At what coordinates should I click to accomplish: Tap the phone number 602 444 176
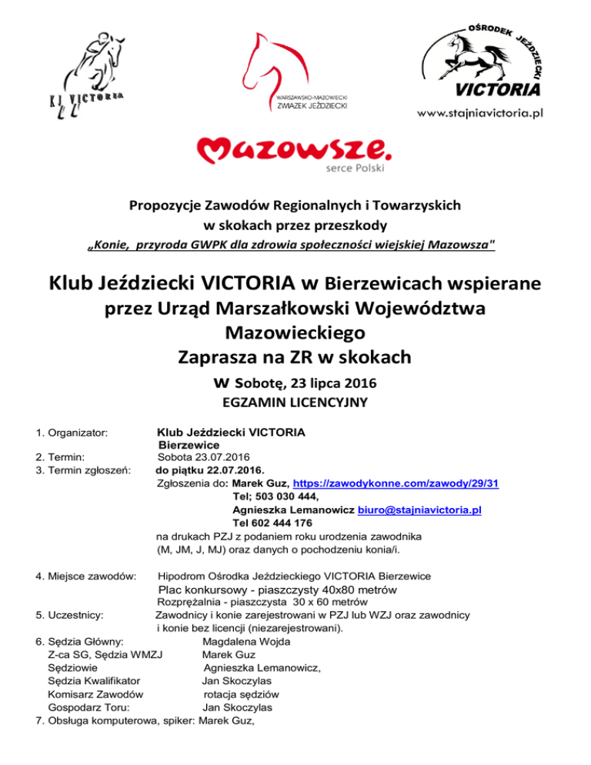coord(277,523)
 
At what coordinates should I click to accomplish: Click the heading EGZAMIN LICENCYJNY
coord(295,401)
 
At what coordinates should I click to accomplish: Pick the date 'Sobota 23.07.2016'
coord(202,456)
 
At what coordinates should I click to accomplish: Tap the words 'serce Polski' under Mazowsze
coord(351,167)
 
